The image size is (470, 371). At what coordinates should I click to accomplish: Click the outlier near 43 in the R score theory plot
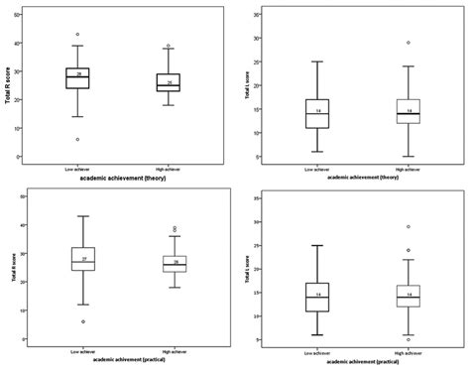click(77, 35)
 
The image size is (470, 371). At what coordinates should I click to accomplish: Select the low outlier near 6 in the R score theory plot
click(77, 140)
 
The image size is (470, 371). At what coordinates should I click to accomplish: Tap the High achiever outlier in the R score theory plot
click(169, 46)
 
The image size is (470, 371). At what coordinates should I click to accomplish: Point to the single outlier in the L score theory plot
click(409, 43)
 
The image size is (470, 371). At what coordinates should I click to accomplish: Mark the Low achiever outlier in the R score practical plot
click(83, 321)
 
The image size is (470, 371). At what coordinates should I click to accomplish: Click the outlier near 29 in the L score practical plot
click(408, 227)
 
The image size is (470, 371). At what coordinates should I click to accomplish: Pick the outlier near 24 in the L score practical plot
click(408, 251)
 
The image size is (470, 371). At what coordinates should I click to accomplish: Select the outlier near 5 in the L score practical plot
click(408, 339)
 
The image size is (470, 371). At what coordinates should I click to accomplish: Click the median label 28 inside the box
click(77, 73)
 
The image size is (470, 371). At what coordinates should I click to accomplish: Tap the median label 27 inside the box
click(83, 259)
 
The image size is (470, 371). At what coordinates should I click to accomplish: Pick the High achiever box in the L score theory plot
click(408, 111)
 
